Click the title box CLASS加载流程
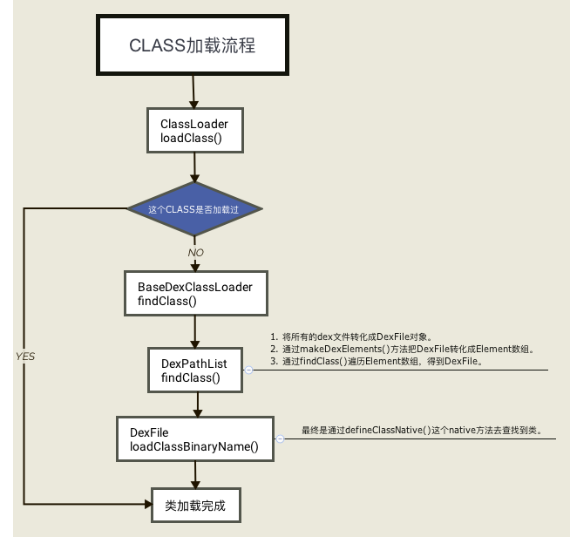(192, 45)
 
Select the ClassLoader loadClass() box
(193, 131)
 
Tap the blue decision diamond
(193, 209)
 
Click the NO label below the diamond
(196, 252)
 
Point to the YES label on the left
(25, 357)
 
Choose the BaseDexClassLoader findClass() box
(194, 293)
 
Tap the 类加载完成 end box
(194, 505)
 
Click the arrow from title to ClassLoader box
(193, 91)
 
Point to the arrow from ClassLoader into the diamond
(193, 167)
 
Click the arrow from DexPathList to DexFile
(199, 404)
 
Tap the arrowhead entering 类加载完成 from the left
(145, 504)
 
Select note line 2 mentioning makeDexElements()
(402, 349)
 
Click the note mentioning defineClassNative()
(421, 431)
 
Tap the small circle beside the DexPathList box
(248, 370)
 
